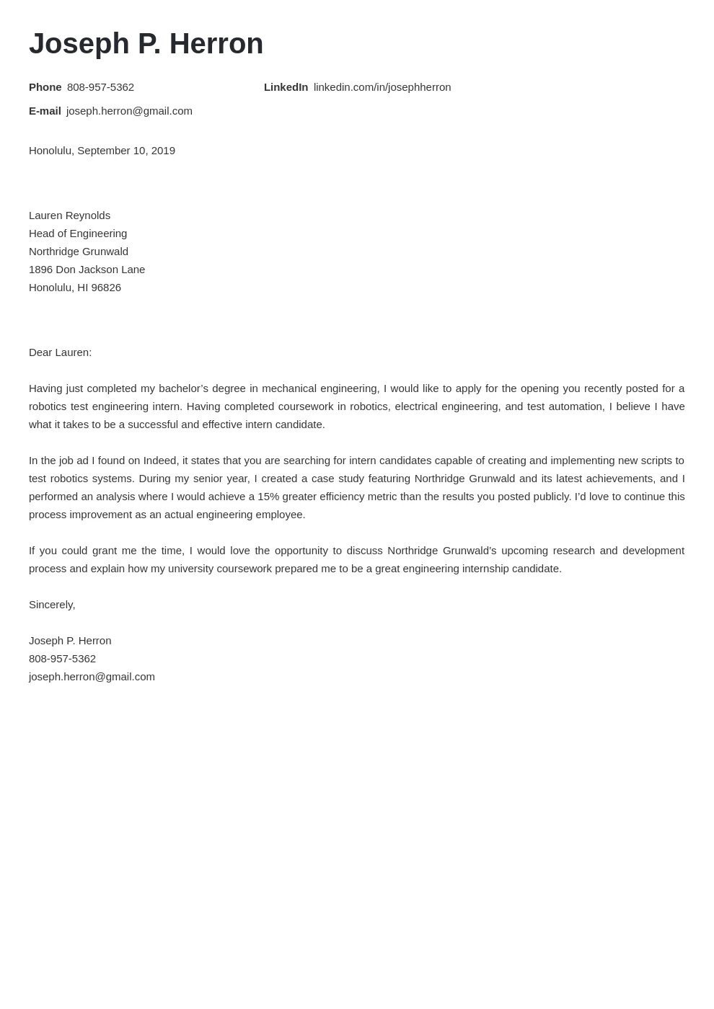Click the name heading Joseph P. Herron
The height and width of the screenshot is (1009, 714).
point(146,44)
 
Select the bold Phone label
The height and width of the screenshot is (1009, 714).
point(45,87)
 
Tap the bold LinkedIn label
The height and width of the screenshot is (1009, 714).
point(286,87)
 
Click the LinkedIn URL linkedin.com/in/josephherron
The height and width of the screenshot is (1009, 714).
point(382,87)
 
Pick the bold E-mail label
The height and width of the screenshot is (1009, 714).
point(45,111)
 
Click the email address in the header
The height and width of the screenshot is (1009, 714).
point(129,111)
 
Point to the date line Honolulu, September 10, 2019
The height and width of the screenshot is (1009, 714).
point(102,151)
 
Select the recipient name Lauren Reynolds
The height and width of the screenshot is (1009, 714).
point(69,215)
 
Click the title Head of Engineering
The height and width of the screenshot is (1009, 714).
point(78,234)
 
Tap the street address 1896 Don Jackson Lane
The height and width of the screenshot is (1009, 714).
point(87,270)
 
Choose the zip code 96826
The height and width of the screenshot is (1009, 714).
point(106,288)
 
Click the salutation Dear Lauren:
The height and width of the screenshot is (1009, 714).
point(60,352)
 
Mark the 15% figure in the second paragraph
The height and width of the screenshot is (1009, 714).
point(268,497)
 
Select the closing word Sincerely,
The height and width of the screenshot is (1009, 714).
point(52,605)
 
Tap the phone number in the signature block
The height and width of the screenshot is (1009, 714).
point(62,659)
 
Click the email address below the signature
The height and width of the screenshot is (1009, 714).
point(92,677)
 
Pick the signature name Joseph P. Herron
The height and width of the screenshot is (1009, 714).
point(70,641)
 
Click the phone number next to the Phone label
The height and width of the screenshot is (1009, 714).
point(100,87)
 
